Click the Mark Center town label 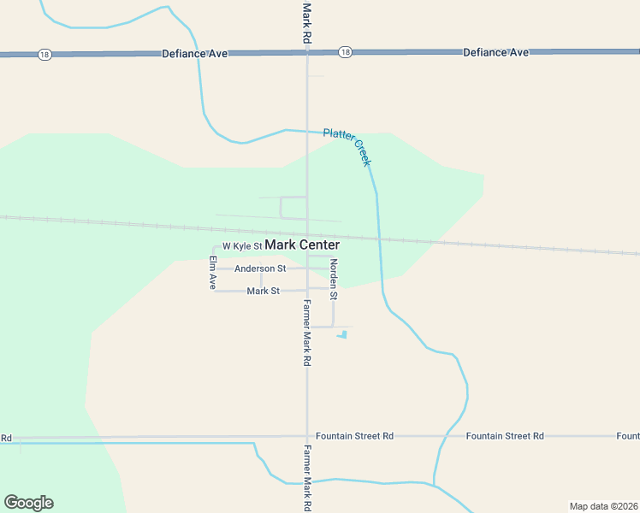pos(302,245)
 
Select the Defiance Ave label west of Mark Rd pos(195,54)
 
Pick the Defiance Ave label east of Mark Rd pos(496,52)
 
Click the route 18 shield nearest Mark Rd pos(344,52)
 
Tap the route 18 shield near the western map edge pos(44,55)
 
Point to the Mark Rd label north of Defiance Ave pos(306,23)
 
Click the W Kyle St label pos(241,246)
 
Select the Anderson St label pos(260,268)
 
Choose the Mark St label pos(264,292)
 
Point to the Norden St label pos(334,280)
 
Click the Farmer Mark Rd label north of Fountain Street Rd pos(306,333)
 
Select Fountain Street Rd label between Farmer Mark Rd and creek pos(354,436)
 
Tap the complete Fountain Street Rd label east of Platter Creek pos(505,436)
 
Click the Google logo pos(28,503)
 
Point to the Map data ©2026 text pos(603,506)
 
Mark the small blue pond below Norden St pos(343,334)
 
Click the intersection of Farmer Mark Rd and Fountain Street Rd pos(306,437)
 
